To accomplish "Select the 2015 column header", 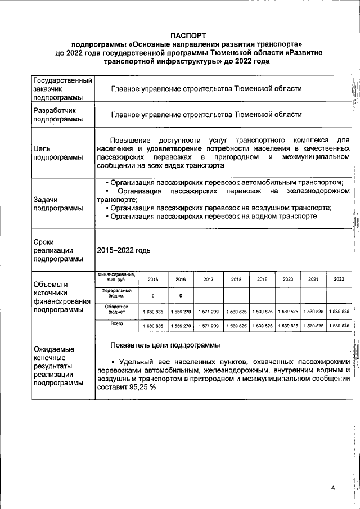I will click(x=152, y=279).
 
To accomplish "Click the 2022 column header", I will click(x=339, y=279).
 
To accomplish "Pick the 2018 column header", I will click(x=236, y=279).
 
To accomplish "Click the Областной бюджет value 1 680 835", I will click(x=153, y=311).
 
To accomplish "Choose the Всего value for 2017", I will click(x=209, y=326).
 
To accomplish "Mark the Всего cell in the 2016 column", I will click(x=181, y=326).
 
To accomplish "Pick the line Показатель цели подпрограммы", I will click(x=165, y=345).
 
